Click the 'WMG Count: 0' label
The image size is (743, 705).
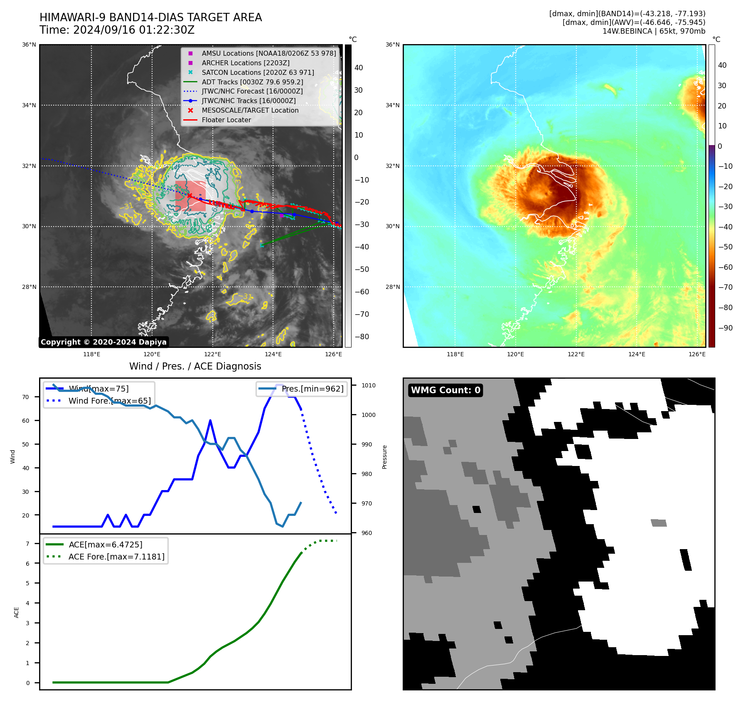coord(445,390)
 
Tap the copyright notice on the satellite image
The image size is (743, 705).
coord(103,342)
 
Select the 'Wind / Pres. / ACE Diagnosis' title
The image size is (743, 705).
coord(195,366)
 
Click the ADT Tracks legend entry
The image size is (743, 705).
coord(252,82)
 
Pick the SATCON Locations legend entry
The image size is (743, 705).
coord(258,72)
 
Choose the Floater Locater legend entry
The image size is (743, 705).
coord(226,120)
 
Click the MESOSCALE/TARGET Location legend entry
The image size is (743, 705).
coord(250,110)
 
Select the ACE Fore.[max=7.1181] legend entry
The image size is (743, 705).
coord(116,557)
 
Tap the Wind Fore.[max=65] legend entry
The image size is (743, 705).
coord(109,401)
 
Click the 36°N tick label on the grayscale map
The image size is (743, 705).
coord(29,45)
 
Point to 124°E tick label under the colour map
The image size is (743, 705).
coord(637,354)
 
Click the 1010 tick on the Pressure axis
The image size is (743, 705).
coord(368,385)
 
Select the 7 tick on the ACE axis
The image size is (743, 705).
coord(28,544)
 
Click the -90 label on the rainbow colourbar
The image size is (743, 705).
coord(726,328)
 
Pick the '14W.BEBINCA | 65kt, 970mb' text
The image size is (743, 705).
coord(654,31)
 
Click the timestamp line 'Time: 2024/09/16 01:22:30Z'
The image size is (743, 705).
coord(117,30)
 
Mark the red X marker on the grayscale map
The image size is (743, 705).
coord(189,195)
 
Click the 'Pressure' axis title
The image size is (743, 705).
coord(384,457)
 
